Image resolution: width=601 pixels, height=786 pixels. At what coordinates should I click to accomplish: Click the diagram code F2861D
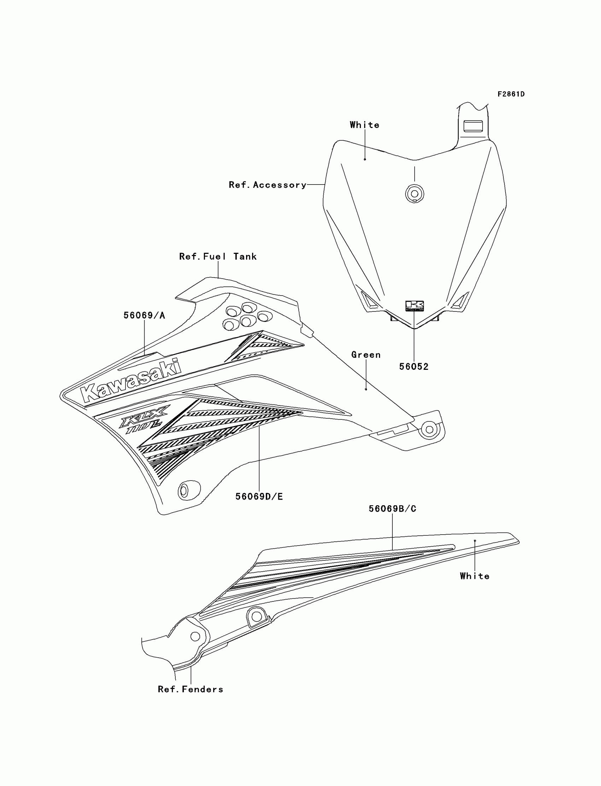tap(511, 94)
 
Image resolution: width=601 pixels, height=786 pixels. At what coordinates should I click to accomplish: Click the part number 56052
tap(414, 367)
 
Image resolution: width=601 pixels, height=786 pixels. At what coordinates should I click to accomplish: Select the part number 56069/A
tap(144, 315)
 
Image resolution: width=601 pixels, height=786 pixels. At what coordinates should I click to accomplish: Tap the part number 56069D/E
tap(259, 496)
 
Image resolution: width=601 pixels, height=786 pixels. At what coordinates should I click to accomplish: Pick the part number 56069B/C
tap(392, 509)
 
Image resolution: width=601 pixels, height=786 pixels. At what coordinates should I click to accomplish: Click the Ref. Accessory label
tap(268, 185)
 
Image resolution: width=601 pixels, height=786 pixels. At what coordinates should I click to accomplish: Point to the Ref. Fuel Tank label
tap(218, 256)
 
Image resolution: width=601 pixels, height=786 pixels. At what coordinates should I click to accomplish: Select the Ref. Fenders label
tap(190, 689)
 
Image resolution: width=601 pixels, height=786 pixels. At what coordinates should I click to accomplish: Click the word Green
tap(366, 355)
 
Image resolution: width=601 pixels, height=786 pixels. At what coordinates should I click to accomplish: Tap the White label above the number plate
tap(364, 125)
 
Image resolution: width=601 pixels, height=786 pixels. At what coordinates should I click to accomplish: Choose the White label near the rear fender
tap(474, 576)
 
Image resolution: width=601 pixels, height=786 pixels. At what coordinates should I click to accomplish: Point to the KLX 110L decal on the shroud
tap(143, 419)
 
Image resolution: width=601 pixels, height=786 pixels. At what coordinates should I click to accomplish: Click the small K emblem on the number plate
tap(414, 306)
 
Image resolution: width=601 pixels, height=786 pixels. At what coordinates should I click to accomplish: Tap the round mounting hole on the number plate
tap(414, 194)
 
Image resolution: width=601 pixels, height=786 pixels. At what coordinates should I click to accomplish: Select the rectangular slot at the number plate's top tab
tap(473, 126)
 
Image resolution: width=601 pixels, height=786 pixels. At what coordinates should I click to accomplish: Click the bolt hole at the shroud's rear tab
tap(429, 429)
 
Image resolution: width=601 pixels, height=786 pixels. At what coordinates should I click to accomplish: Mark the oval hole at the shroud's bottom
tap(184, 490)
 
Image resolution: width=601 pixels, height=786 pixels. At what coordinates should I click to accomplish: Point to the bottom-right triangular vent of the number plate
tap(460, 301)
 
